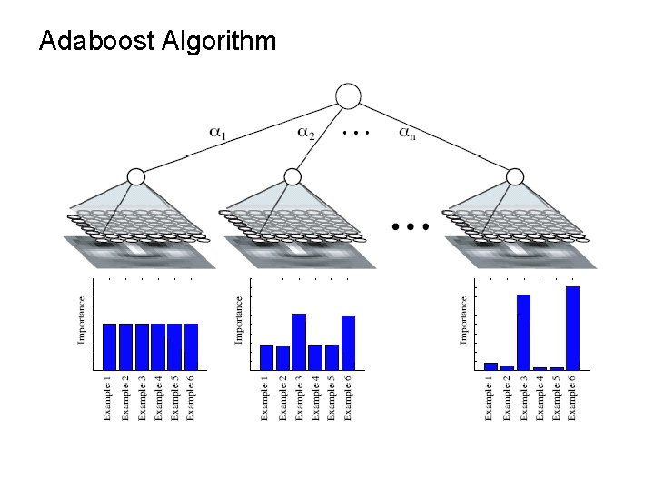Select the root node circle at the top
348,95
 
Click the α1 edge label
219,133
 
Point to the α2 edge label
307,133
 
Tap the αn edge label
409,133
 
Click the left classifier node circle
135,176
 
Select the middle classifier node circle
292,176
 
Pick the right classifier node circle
515,176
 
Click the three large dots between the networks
411,225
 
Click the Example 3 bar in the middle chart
299,341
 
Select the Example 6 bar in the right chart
572,327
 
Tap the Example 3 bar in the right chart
523,332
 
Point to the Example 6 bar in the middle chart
348,342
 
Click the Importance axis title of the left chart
83,320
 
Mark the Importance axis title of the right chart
463,320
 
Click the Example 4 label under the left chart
158,398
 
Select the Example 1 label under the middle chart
265,398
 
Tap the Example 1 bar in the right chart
490,366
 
